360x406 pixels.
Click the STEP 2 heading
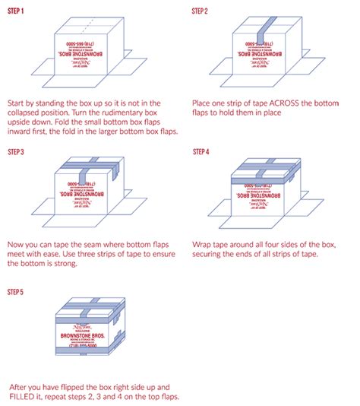tap(203, 10)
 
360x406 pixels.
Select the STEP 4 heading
tap(203, 151)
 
